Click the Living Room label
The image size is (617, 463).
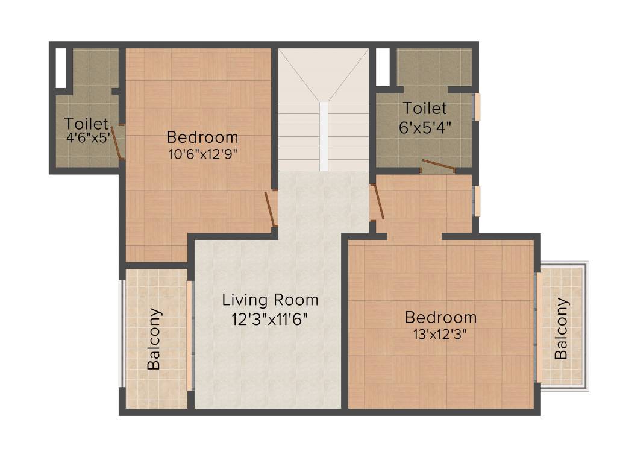click(x=270, y=300)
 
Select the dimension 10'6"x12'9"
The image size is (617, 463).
click(x=202, y=154)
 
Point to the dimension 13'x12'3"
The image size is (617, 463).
click(x=440, y=334)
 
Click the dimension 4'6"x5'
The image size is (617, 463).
click(x=87, y=137)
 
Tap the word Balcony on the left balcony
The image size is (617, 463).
click(x=154, y=339)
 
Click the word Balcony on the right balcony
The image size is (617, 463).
click(x=562, y=329)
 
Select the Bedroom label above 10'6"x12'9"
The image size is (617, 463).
click(x=202, y=137)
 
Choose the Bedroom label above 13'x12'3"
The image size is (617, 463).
click(x=440, y=317)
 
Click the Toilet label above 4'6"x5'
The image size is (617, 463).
click(x=86, y=124)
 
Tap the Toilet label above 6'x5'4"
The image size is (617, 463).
click(x=425, y=109)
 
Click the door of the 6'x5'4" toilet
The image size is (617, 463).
click(x=438, y=166)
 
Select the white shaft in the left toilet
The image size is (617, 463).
click(x=61, y=68)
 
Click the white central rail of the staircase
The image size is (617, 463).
click(x=324, y=136)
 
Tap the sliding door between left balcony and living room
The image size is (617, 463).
click(x=189, y=335)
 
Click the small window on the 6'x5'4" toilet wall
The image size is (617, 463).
click(x=477, y=107)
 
